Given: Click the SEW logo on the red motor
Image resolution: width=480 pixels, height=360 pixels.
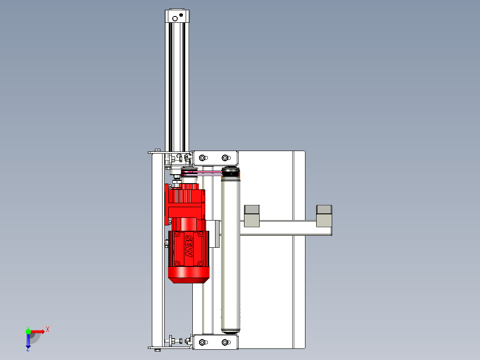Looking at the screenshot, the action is (189, 247).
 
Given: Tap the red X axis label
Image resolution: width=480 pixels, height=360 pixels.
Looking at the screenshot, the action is (48, 330).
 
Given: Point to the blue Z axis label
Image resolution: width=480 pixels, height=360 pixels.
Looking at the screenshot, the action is (28, 349).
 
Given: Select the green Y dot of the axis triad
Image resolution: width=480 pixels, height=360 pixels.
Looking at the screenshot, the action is (28, 331).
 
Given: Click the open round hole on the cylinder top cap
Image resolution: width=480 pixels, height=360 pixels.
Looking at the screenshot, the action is (175, 19).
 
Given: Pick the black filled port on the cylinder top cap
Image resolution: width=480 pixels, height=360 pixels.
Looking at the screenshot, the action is (181, 15).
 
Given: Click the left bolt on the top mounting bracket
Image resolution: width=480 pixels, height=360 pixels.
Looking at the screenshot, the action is (202, 158).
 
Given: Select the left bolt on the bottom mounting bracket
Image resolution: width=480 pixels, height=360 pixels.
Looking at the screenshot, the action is (202, 342).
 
